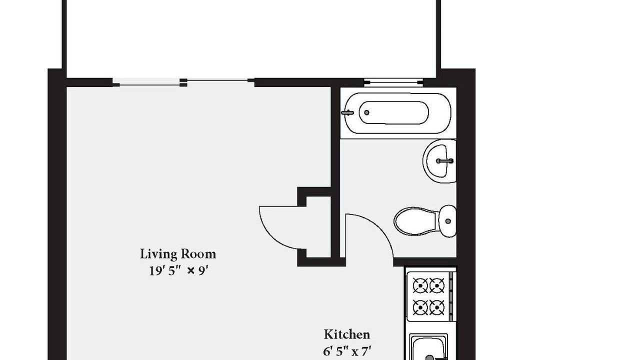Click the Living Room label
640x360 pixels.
177,254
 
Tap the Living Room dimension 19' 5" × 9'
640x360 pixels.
177,270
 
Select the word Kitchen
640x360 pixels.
346,334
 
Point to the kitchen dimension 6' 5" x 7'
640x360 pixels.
347,351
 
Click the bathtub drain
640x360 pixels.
366,112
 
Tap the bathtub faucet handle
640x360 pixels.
347,113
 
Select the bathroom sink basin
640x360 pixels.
439,161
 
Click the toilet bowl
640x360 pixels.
415,221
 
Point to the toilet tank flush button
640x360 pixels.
448,221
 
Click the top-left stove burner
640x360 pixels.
420,285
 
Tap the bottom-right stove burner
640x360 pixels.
437,307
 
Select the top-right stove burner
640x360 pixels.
437,285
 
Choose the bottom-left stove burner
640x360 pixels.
420,307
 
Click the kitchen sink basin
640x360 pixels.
428,348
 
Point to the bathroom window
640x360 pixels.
393,82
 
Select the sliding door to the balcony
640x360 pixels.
183,82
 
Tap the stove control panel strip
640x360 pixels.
451,296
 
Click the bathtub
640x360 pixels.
397,113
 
